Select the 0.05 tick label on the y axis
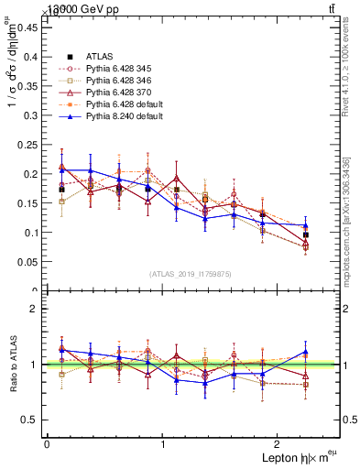27,262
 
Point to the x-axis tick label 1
163,443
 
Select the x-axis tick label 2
280,443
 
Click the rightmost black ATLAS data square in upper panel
305,235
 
